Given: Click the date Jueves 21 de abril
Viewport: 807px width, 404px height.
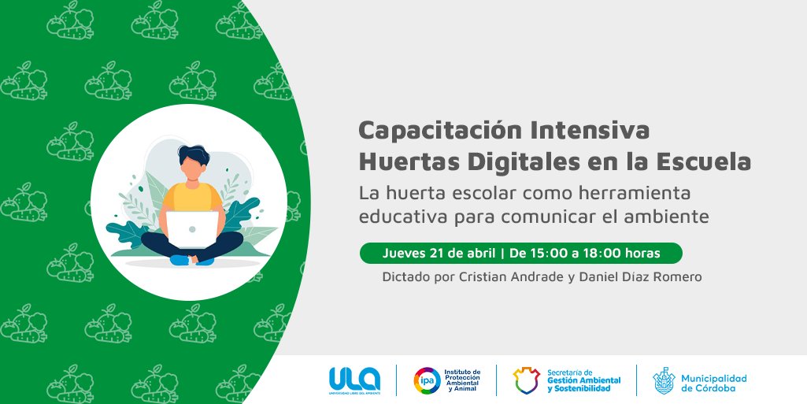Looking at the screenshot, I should pyautogui.click(x=439, y=254).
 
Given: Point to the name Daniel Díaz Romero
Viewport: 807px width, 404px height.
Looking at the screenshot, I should pyautogui.click(x=645, y=277).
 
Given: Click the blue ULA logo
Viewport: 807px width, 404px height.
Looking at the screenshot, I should pyautogui.click(x=354, y=380).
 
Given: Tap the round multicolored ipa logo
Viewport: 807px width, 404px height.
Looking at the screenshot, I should pyautogui.click(x=427, y=380).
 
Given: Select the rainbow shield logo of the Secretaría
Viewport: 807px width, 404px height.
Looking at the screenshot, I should pyautogui.click(x=526, y=380).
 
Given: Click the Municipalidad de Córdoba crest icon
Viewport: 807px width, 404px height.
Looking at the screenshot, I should pyautogui.click(x=664, y=380).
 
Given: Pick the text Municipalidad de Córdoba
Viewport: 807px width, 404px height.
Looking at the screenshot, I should pyautogui.click(x=714, y=381).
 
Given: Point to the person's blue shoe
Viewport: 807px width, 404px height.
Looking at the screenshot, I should pyautogui.click(x=181, y=259).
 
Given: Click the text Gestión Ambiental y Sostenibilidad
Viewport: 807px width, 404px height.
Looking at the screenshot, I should pyautogui.click(x=583, y=384).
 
